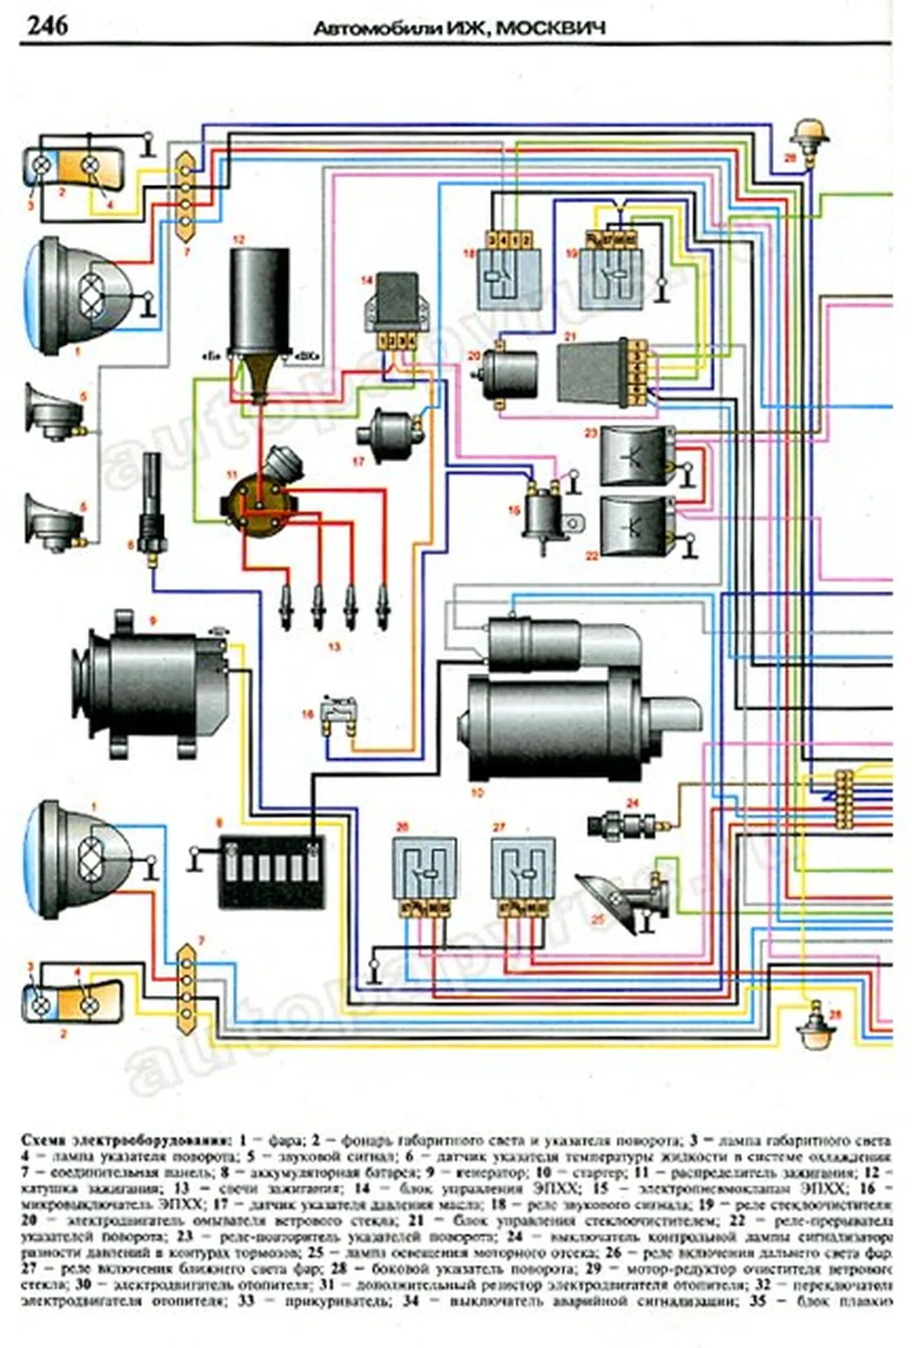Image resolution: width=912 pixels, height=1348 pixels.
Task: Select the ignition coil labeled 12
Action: (x=261, y=302)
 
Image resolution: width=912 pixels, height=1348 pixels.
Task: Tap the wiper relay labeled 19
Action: (x=610, y=277)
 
